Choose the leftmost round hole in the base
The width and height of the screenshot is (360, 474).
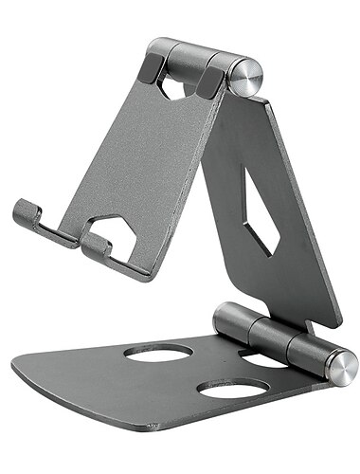pos(157,353)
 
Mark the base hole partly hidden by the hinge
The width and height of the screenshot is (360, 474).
pos(261,359)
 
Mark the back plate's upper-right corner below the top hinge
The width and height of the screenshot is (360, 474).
pos(267,104)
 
